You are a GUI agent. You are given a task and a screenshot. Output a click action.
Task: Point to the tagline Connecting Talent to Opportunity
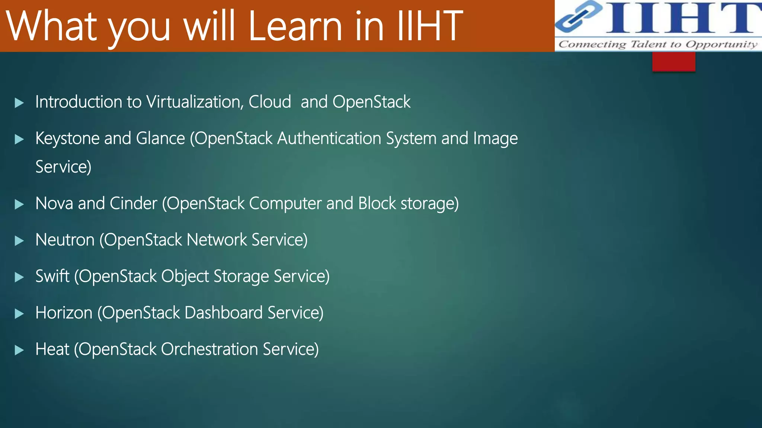point(658,45)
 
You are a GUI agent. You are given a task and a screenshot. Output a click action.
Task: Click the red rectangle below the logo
point(673,62)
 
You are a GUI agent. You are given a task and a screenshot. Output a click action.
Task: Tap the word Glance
point(160,139)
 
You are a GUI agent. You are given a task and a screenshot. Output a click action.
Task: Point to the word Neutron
point(65,240)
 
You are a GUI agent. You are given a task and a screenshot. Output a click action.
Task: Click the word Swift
point(52,276)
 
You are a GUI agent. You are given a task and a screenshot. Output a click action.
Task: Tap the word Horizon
point(64,313)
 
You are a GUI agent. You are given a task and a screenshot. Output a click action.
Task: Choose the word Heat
point(52,349)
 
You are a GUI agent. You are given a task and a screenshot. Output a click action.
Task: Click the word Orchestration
point(209,349)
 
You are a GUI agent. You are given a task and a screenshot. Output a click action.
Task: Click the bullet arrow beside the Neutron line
point(19,241)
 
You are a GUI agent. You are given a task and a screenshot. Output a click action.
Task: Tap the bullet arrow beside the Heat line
point(19,350)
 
